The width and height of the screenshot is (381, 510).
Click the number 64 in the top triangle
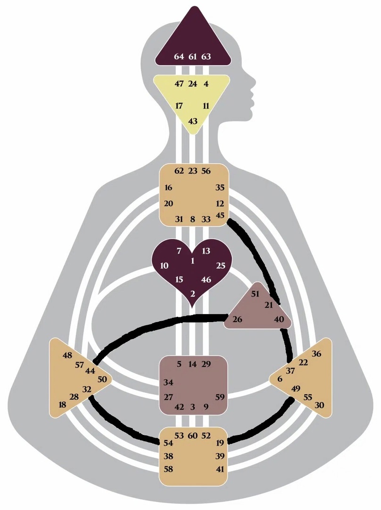pyautogui.click(x=179, y=57)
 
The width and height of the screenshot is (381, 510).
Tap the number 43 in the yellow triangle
pyautogui.click(x=193, y=121)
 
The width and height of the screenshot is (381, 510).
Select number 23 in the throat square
pyautogui.click(x=193, y=171)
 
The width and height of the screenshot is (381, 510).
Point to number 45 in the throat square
pyautogui.click(x=220, y=215)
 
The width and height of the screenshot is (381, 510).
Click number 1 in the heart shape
pyautogui.click(x=193, y=261)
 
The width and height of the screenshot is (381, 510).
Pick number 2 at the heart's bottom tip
pyautogui.click(x=193, y=294)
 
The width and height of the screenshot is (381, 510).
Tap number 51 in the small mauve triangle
pyautogui.click(x=255, y=294)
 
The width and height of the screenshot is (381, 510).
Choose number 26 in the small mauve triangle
pyautogui.click(x=238, y=320)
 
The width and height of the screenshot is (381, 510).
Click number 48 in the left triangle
pyautogui.click(x=67, y=356)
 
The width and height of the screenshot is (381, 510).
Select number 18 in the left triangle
pyautogui.click(x=62, y=405)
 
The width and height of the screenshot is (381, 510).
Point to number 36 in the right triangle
pyautogui.click(x=317, y=354)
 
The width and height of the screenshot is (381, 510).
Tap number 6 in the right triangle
pyautogui.click(x=280, y=379)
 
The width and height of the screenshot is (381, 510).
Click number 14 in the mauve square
pyautogui.click(x=192, y=364)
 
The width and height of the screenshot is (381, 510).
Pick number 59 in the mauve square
pyautogui.click(x=220, y=397)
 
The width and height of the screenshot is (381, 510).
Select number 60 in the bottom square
pyautogui.click(x=192, y=435)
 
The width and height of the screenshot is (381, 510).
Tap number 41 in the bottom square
pyautogui.click(x=220, y=469)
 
